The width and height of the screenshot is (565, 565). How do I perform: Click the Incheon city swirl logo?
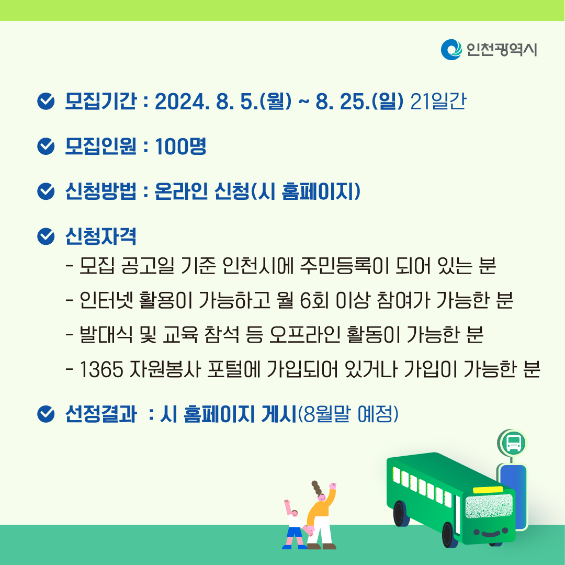[451, 50]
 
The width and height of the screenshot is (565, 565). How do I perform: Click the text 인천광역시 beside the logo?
[502, 50]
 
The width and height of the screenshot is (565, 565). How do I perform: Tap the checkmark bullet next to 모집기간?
[46, 101]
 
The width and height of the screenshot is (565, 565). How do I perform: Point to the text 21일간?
[438, 101]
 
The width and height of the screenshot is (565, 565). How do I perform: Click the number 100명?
[180, 146]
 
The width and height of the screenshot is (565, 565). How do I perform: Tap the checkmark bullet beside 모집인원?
[46, 146]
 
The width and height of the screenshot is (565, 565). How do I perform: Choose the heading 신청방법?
[100, 191]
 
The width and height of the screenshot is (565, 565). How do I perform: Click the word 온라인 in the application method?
[181, 191]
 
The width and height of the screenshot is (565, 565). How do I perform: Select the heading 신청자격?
[100, 236]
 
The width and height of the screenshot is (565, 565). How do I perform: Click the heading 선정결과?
[100, 414]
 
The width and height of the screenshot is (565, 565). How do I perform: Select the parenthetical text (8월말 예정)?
[348, 414]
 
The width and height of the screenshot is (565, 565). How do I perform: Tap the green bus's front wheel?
[448, 535]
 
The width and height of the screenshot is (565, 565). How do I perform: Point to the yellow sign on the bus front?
[488, 490]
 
